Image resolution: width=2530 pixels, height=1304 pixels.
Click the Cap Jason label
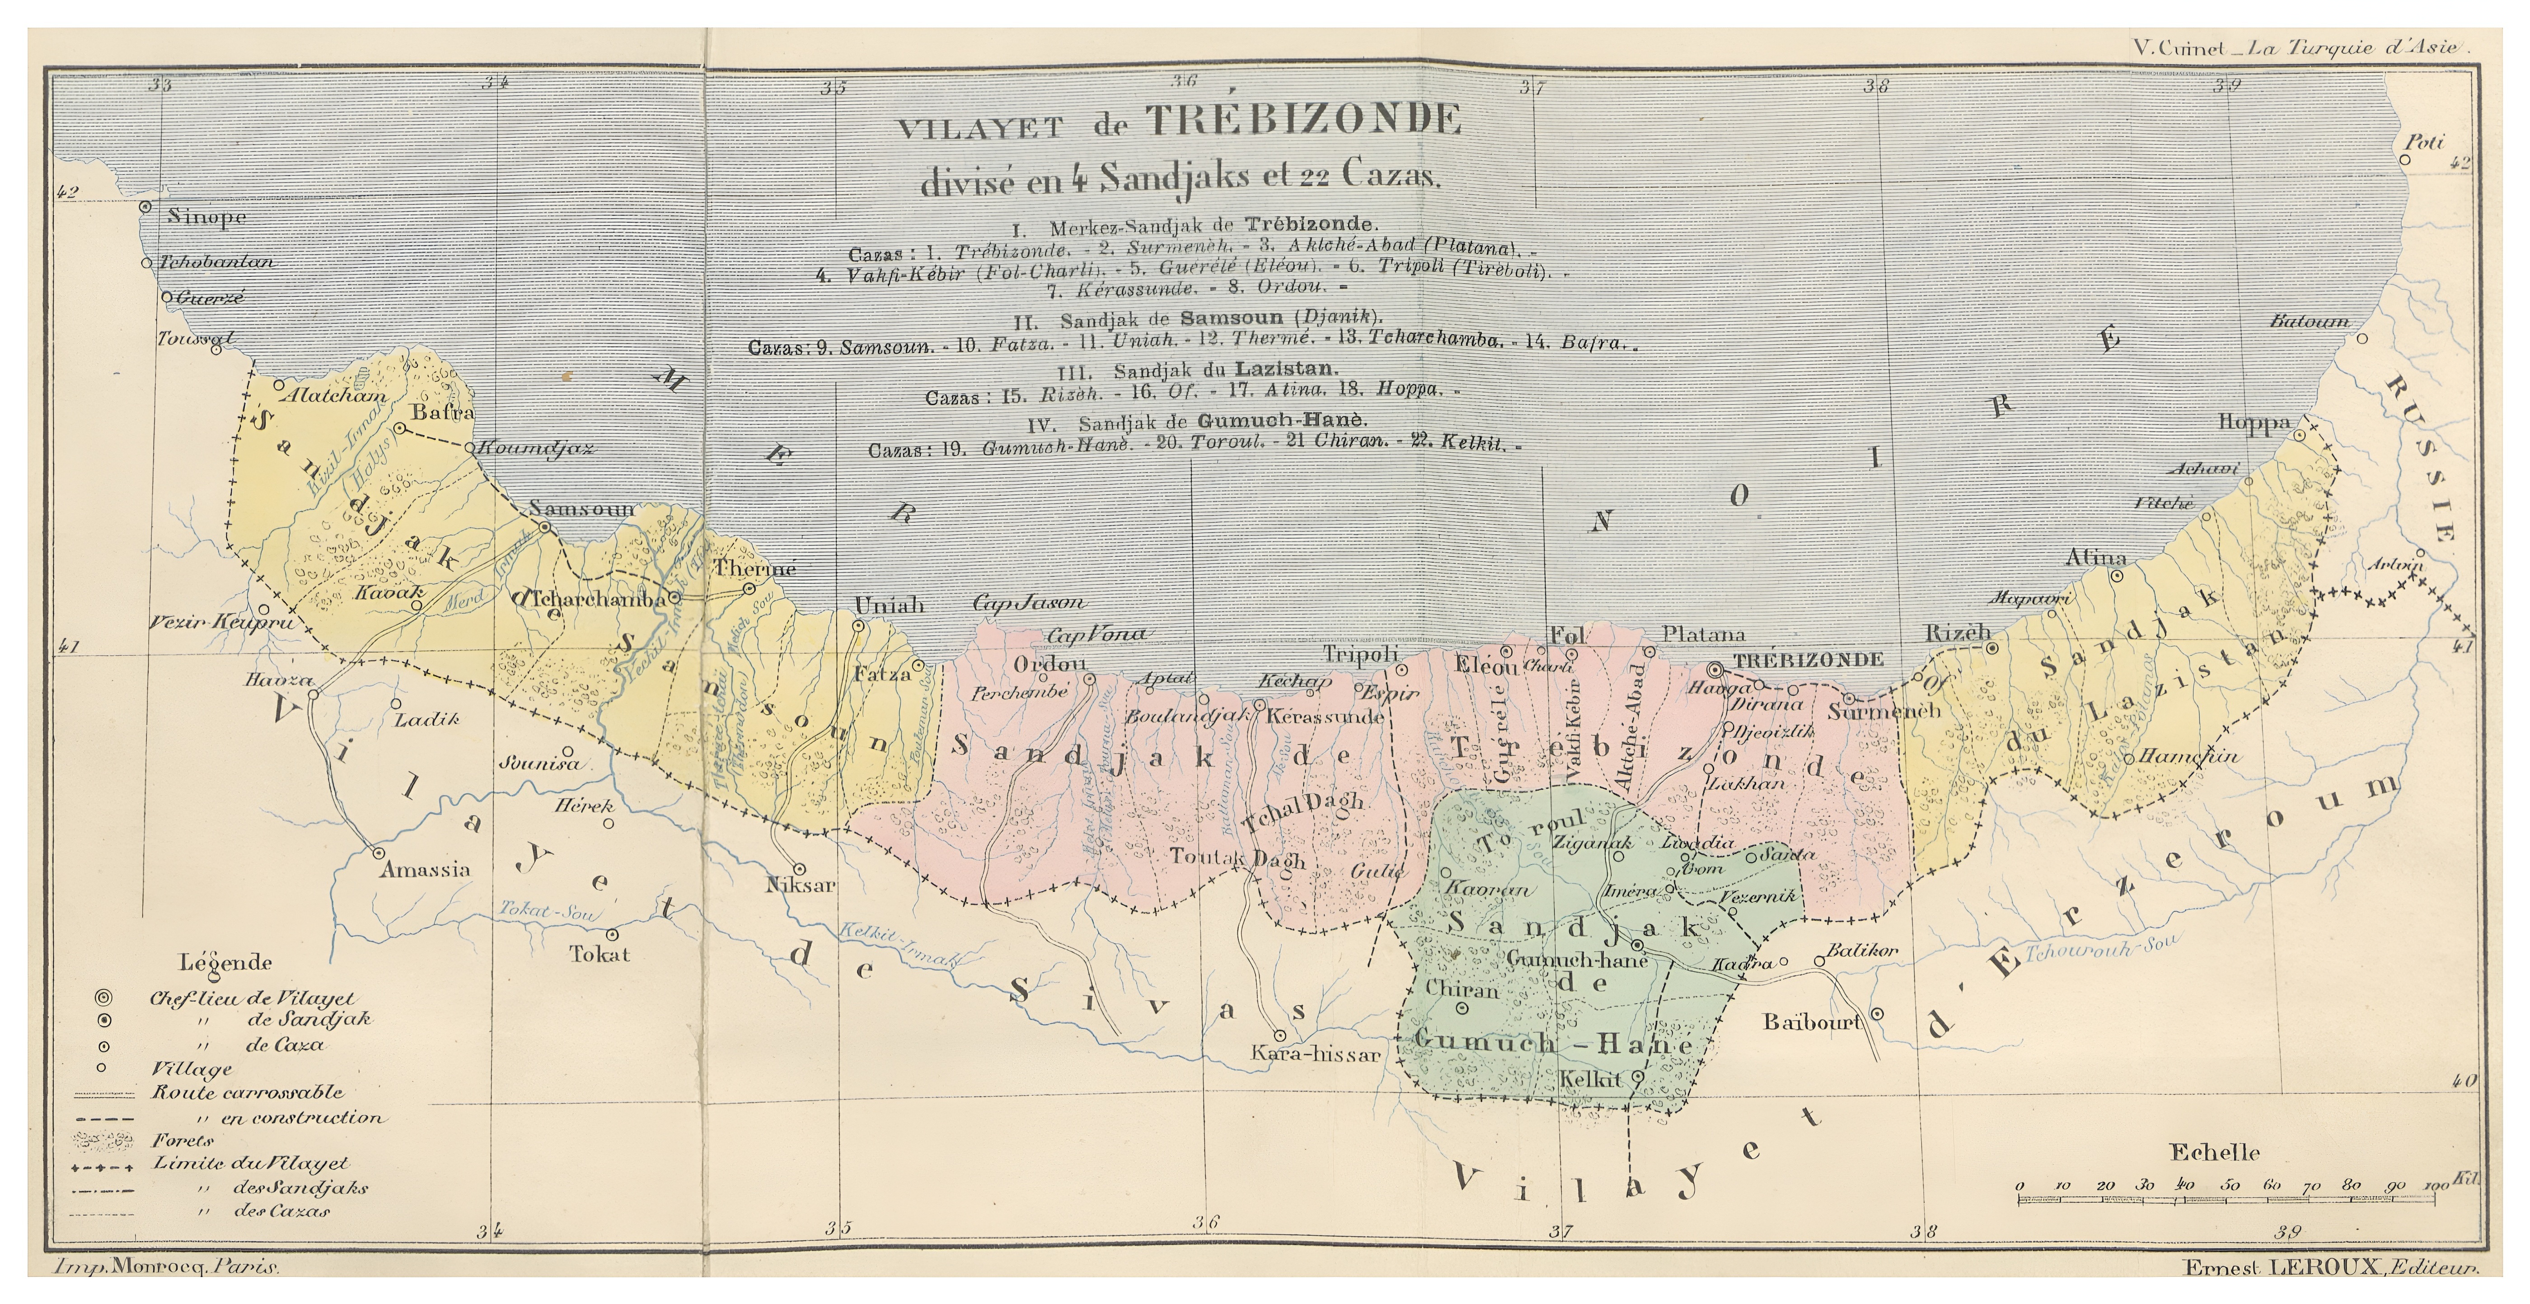click(1029, 603)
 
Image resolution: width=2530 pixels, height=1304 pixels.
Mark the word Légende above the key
click(227, 963)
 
